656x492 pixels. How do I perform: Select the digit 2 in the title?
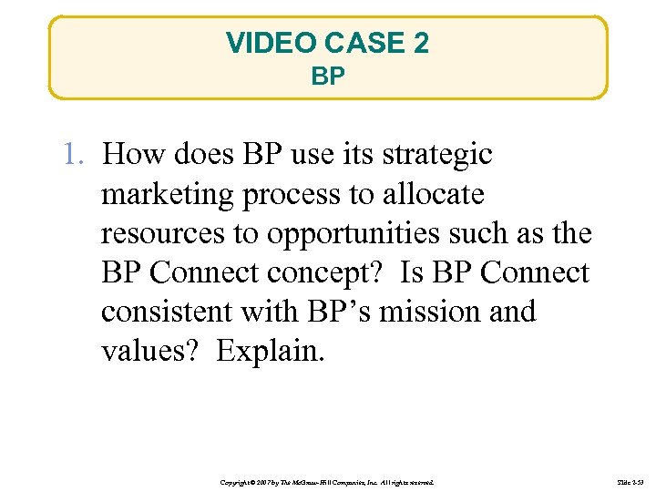(420, 43)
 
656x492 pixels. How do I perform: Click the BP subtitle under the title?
(328, 77)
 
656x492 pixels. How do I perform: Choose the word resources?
(165, 233)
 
